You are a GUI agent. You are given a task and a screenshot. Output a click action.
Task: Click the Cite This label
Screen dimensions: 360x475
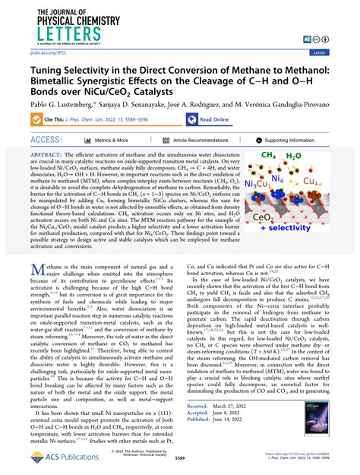pyautogui.click(x=55, y=119)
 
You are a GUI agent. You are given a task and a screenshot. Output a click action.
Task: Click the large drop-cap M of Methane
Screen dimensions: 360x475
pyautogui.click(x=39, y=270)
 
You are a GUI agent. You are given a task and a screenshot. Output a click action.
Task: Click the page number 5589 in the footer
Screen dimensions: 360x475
pyautogui.click(x=179, y=461)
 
